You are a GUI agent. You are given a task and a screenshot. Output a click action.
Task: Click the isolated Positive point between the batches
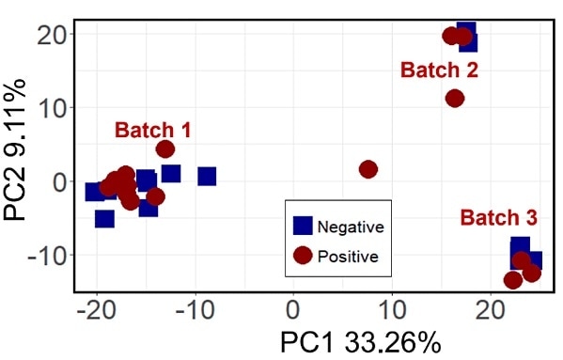(368, 169)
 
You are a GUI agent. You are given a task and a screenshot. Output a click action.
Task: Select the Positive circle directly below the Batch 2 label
(455, 98)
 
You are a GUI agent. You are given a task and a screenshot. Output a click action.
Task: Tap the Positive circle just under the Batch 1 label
(165, 149)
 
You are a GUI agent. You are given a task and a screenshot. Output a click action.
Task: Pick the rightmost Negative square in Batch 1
(207, 176)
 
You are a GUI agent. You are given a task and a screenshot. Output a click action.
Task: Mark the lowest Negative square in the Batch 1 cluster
(104, 219)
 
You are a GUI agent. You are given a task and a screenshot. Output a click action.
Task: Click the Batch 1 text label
(153, 130)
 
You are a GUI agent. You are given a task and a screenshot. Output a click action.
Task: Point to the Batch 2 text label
(439, 70)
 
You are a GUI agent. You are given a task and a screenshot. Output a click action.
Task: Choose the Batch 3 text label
(499, 218)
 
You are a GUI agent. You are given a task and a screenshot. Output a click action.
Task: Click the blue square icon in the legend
(303, 226)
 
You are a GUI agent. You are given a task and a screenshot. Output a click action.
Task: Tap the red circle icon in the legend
(303, 255)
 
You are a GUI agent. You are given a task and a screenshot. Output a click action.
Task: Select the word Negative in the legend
(351, 227)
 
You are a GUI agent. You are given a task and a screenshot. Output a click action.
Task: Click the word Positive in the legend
(348, 256)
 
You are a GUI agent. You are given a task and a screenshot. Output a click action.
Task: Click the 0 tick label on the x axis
(293, 308)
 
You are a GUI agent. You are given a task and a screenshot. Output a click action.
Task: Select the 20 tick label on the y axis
(45, 34)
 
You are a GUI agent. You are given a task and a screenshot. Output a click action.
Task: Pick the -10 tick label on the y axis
(39, 255)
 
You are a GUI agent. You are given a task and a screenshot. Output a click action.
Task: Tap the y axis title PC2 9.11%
(15, 150)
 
